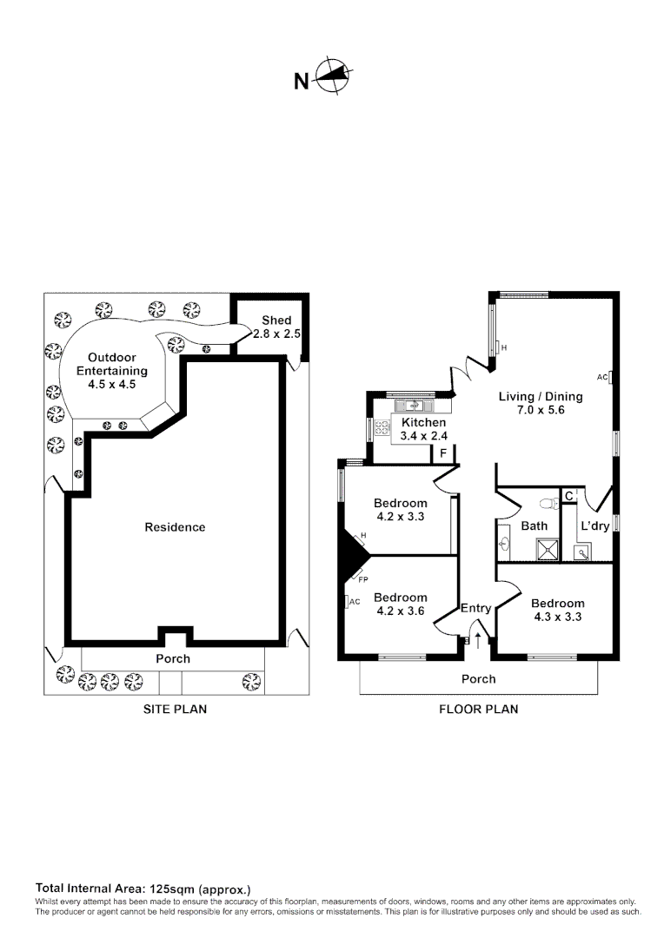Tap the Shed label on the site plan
click(x=276, y=320)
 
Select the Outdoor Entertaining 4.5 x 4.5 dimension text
click(x=111, y=383)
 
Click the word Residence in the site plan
click(x=175, y=527)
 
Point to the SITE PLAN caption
click(x=175, y=709)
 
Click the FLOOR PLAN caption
click(x=478, y=709)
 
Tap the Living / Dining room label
click(x=540, y=397)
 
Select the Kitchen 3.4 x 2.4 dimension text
click(x=422, y=436)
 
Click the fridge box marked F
click(x=443, y=453)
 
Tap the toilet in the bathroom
click(x=548, y=503)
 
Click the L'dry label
click(x=594, y=525)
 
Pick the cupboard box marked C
click(x=568, y=495)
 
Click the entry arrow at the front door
click(x=477, y=641)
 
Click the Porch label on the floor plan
click(x=478, y=679)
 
